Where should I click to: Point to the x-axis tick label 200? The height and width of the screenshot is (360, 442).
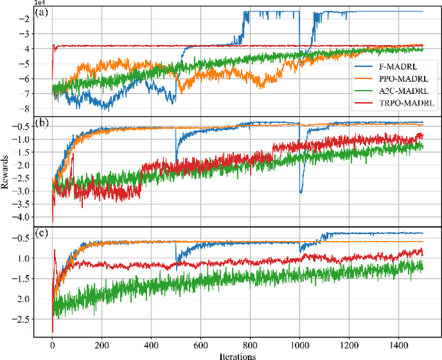pyautogui.click(x=102, y=345)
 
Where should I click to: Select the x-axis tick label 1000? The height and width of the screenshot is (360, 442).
pyautogui.click(x=299, y=345)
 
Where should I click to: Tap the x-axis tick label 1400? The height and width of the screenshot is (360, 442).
pyautogui.click(x=398, y=345)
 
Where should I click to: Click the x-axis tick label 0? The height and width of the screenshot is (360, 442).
pyautogui.click(x=52, y=345)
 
